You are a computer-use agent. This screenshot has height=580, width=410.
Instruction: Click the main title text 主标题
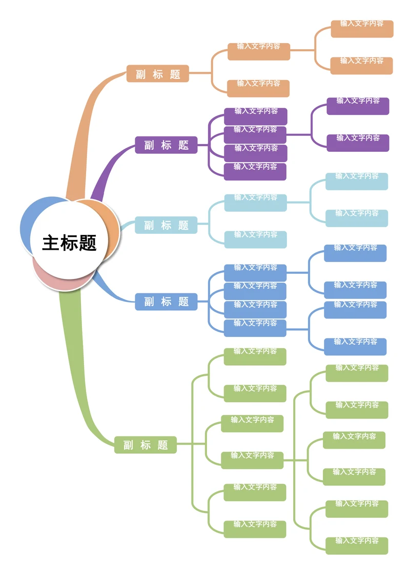click(x=69, y=243)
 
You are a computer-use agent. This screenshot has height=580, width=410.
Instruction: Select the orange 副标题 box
click(x=158, y=74)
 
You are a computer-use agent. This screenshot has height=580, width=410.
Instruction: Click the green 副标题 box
click(x=146, y=445)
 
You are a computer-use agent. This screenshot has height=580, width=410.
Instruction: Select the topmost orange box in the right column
click(x=362, y=29)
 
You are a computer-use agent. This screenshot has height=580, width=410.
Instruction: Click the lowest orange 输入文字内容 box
click(x=258, y=88)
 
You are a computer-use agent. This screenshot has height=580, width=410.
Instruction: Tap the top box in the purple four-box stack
click(x=256, y=116)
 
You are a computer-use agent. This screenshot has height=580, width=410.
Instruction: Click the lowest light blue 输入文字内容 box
click(x=255, y=239)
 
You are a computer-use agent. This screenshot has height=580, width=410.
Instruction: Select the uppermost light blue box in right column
click(x=357, y=181)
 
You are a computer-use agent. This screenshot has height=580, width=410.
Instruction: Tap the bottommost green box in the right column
click(x=357, y=546)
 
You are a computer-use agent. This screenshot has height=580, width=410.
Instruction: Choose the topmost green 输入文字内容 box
click(x=255, y=356)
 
